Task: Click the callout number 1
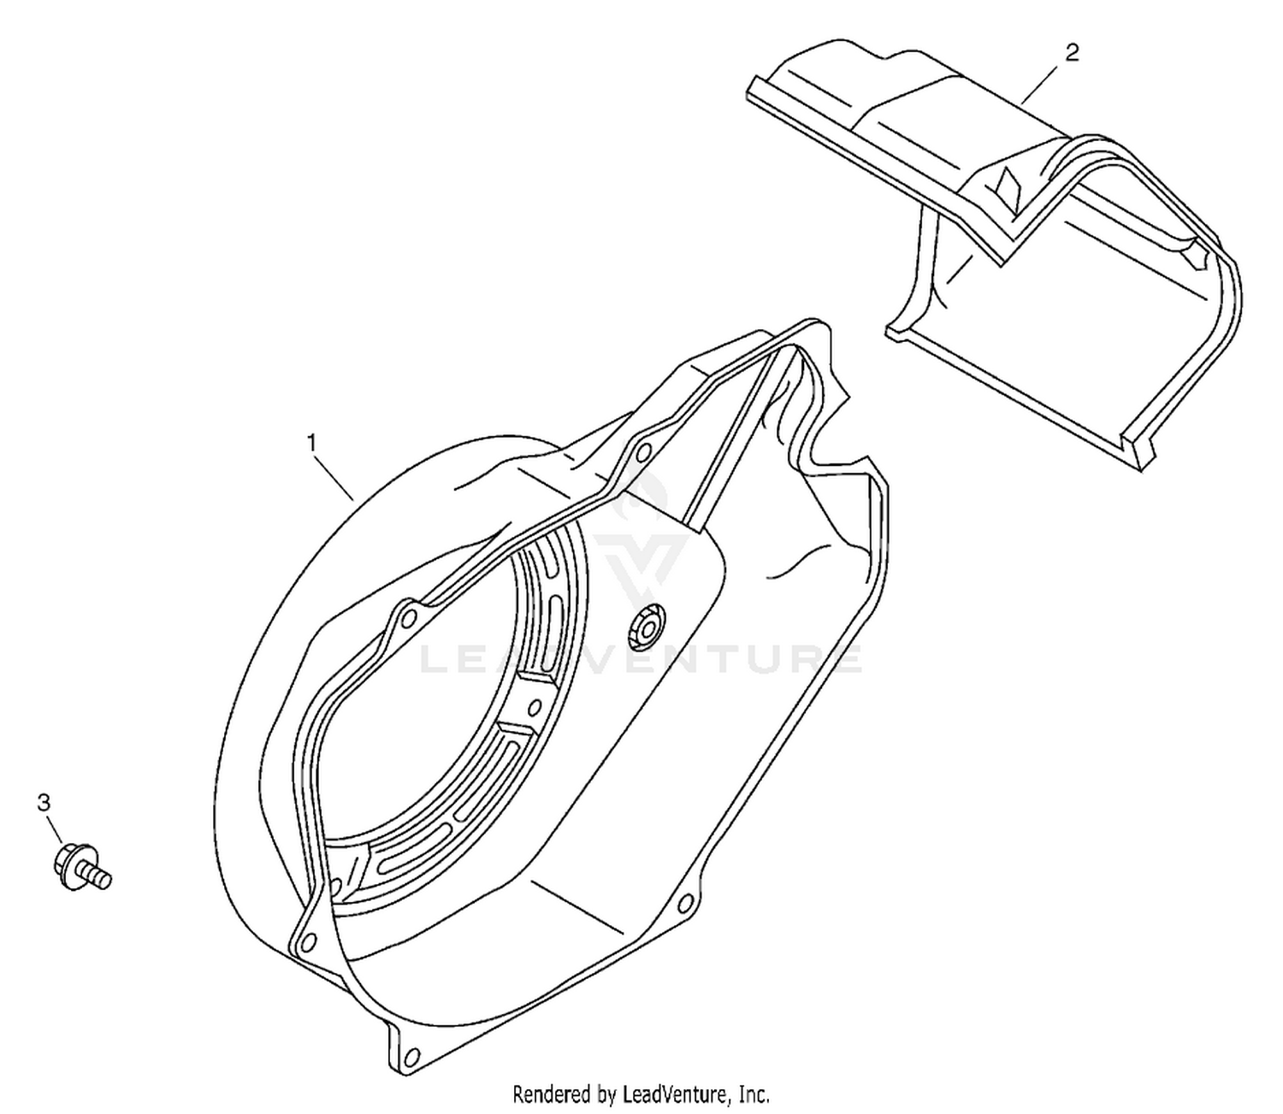pyautogui.click(x=311, y=444)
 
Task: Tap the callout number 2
pyautogui.click(x=1072, y=53)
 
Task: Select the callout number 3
pyautogui.click(x=44, y=803)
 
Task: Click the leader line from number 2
pyautogui.click(x=1042, y=82)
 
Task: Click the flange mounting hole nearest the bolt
pyautogui.click(x=309, y=941)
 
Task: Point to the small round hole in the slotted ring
pyautogui.click(x=535, y=708)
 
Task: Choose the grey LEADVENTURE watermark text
pyautogui.click(x=640, y=660)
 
